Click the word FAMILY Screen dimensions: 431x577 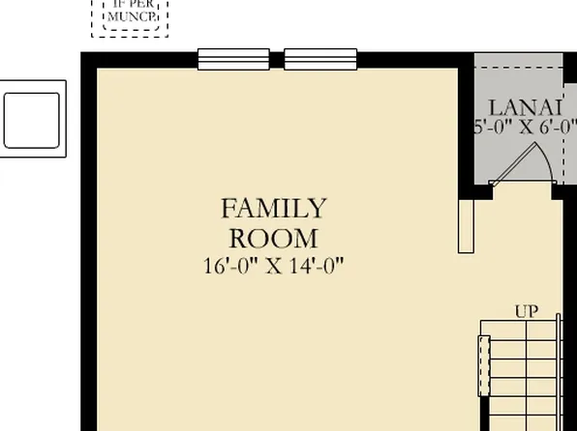click(274, 208)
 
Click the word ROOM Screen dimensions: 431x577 click(274, 238)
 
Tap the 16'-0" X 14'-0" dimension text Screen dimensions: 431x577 click(274, 265)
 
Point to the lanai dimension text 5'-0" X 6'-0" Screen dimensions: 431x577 click(524, 127)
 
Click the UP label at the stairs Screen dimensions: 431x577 click(527, 311)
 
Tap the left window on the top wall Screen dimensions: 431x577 click(233, 59)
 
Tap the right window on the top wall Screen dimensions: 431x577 click(320, 59)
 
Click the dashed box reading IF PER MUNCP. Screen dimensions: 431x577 click(130, 16)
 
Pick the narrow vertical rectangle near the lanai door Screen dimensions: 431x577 click(467, 227)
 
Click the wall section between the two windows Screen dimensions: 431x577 click(277, 59)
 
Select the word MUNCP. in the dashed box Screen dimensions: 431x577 click(130, 16)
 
